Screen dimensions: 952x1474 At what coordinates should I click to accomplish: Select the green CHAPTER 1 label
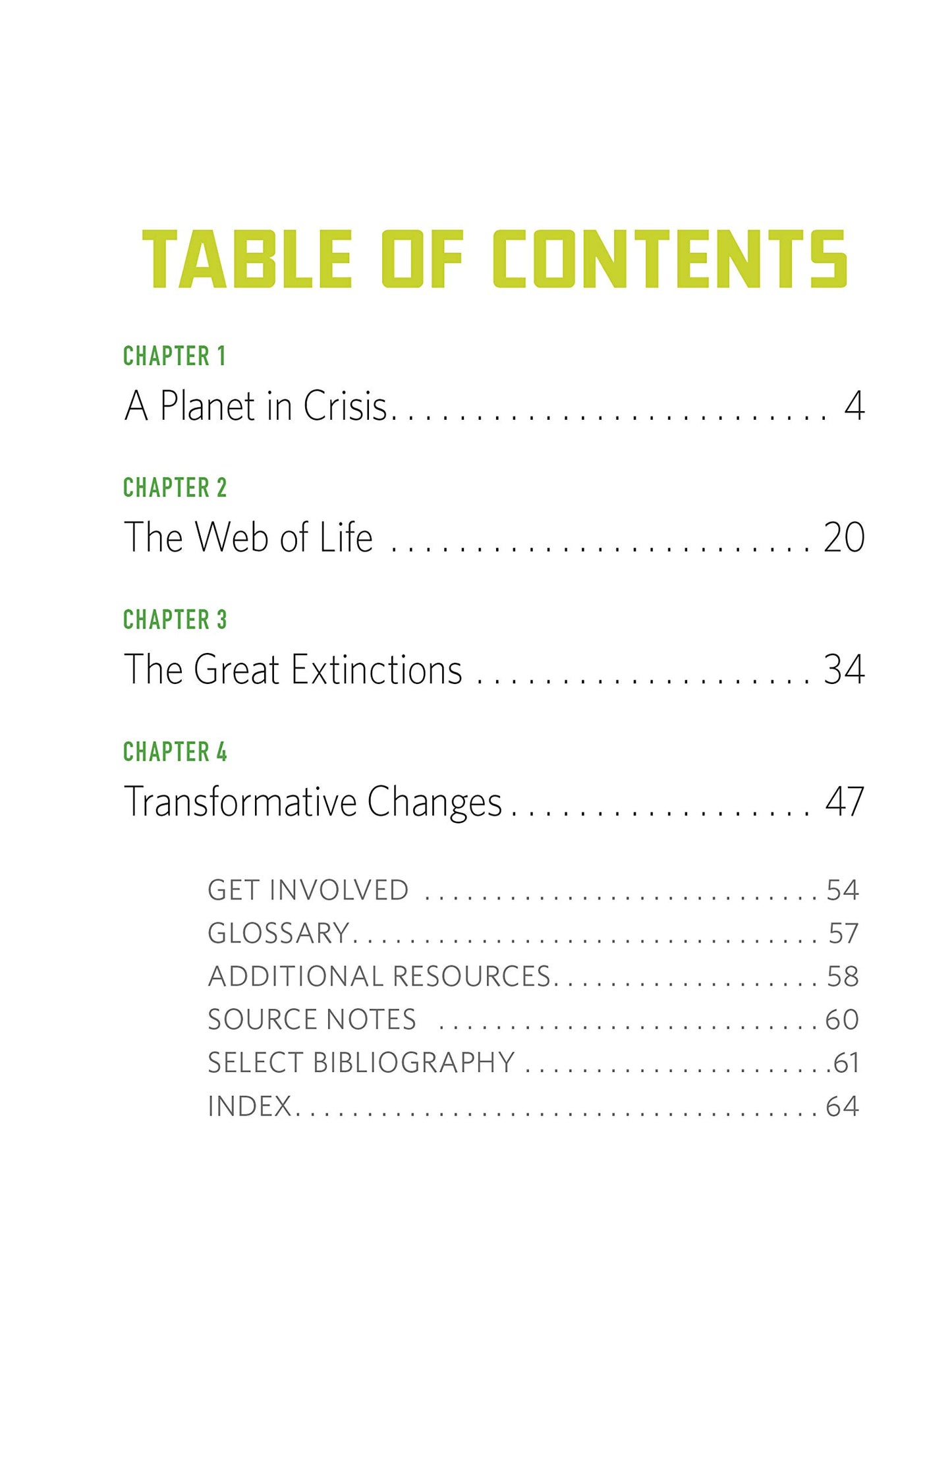click(x=175, y=356)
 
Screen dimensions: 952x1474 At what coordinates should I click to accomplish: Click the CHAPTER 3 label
click(x=175, y=619)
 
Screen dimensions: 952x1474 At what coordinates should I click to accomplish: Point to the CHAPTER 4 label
click(x=175, y=752)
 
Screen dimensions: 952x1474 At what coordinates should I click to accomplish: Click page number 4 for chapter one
click(x=854, y=406)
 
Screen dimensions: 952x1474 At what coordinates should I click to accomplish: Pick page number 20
click(x=844, y=538)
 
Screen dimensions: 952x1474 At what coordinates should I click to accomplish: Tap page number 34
click(x=844, y=670)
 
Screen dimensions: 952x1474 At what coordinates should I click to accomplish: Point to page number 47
click(x=845, y=802)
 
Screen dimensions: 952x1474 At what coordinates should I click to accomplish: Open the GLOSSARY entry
click(x=279, y=933)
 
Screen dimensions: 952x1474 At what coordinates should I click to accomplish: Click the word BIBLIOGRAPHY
click(x=414, y=1062)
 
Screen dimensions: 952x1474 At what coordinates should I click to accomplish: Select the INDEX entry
click(x=250, y=1106)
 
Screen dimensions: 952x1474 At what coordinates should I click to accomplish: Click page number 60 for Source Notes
click(x=842, y=1019)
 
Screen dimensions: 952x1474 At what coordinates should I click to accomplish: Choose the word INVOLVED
click(x=339, y=890)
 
